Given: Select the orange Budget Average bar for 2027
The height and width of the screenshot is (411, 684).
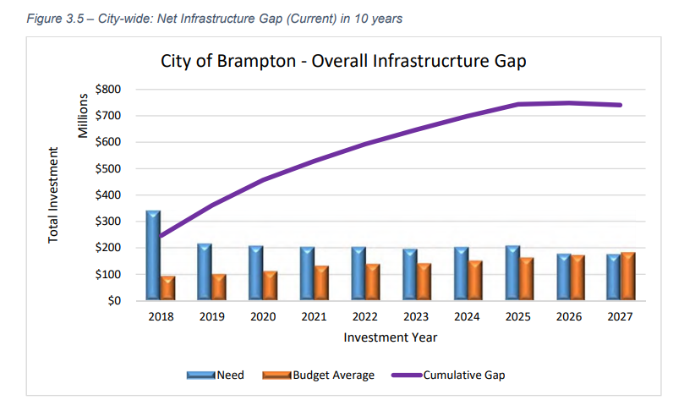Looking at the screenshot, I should tap(628, 276).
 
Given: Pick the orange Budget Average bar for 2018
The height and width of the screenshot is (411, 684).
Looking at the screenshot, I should tap(168, 288).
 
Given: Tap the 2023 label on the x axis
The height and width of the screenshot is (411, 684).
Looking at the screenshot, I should tap(415, 317).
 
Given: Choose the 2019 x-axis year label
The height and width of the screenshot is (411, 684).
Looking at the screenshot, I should tap(211, 317).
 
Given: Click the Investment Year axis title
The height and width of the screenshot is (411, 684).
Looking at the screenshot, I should tap(390, 337).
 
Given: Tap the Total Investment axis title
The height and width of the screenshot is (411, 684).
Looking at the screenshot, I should tap(53, 195).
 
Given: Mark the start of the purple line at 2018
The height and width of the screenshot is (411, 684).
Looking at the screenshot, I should tap(161, 236).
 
